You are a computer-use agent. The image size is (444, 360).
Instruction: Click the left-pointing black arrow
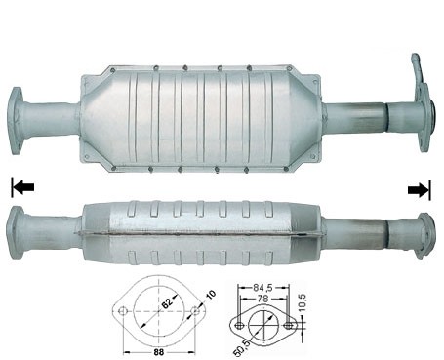(23, 187)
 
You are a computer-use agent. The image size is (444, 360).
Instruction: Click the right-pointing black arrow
(418, 190)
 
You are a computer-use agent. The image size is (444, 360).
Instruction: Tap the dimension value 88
(159, 351)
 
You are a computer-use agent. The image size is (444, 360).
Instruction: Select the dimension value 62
(167, 303)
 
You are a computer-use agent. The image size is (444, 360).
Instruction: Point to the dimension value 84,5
(262, 287)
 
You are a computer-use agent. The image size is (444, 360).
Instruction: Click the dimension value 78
(262, 299)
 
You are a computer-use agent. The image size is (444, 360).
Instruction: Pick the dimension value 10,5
(303, 303)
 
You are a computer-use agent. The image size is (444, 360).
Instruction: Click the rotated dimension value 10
(211, 295)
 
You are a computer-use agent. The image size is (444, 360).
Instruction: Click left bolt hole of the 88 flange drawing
(122, 311)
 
